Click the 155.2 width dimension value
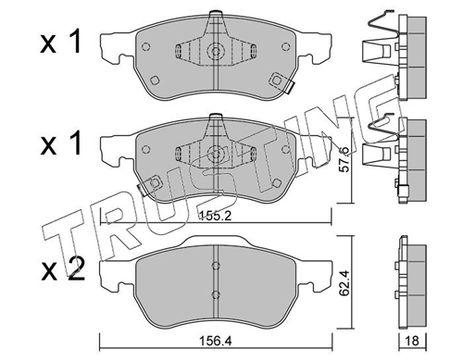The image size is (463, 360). pyautogui.click(x=216, y=216)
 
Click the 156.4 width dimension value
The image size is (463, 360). pyautogui.click(x=216, y=341)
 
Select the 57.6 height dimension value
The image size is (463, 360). pyautogui.click(x=344, y=160)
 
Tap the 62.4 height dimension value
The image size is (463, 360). pyautogui.click(x=344, y=283)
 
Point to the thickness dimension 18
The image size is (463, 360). pyautogui.click(x=412, y=341)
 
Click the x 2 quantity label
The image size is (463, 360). pyautogui.click(x=63, y=269)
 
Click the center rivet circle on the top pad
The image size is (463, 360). pyautogui.click(x=216, y=51)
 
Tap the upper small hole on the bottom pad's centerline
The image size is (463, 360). pyautogui.click(x=216, y=266)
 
